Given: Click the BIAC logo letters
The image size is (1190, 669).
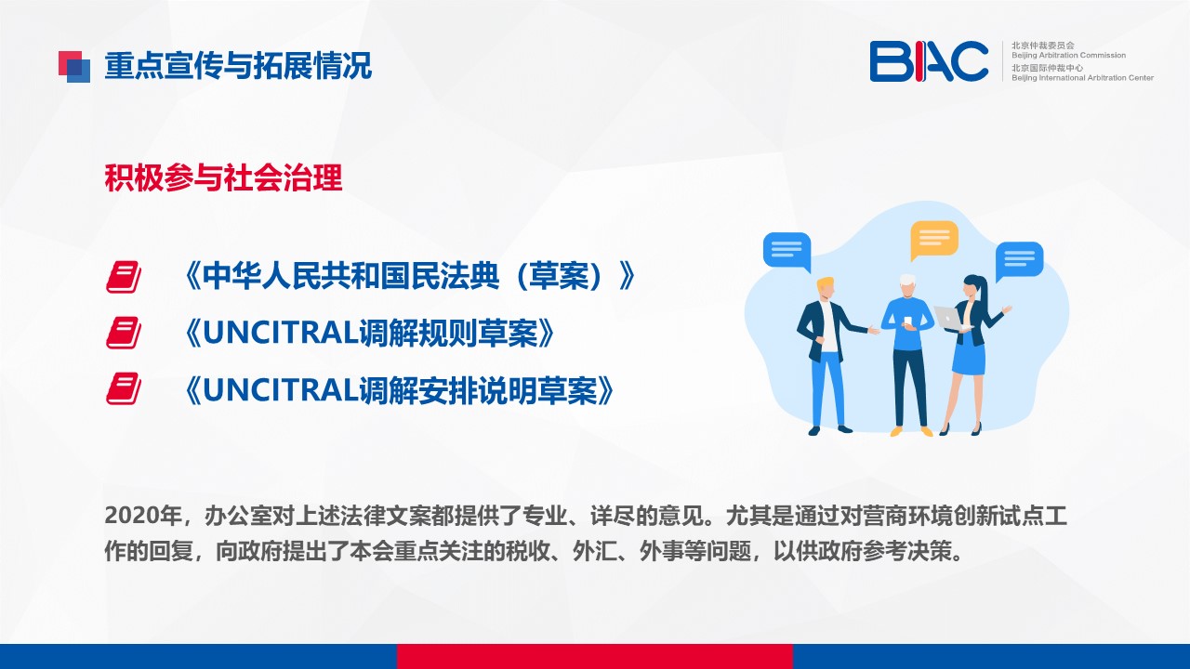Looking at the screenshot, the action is pos(929,61).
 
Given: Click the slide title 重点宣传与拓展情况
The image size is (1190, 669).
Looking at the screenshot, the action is pos(238,66).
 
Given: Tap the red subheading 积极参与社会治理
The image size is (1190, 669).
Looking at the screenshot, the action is pos(223,177).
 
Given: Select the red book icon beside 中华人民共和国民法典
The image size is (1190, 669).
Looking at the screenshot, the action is pos(124,277).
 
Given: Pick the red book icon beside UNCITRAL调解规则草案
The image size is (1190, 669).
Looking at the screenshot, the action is pos(124,333).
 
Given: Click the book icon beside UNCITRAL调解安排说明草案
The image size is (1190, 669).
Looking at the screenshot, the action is pos(124,388).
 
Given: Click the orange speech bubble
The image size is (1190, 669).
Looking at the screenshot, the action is pos(934,240).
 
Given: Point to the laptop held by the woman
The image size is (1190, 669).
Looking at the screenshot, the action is pos(949,319).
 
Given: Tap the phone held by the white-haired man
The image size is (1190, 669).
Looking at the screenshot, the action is pos(908,321).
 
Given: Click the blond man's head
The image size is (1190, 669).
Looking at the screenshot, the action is pos(826,288).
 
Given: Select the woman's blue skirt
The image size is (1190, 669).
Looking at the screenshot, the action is pos(969,355).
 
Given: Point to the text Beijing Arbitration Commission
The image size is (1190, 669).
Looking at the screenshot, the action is pos(1068,55).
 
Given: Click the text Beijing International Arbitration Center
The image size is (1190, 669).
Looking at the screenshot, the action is pos(1082,78).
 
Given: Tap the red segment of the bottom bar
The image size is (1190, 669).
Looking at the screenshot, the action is pos(594,656).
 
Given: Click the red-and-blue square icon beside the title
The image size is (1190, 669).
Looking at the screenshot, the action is pos(74,66).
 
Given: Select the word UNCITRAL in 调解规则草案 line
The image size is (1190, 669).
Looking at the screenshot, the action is pos(280,333).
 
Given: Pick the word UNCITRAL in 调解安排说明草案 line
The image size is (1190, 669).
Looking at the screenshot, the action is pos(280,389).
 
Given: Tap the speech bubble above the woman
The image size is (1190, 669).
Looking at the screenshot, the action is pos(1019,261).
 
